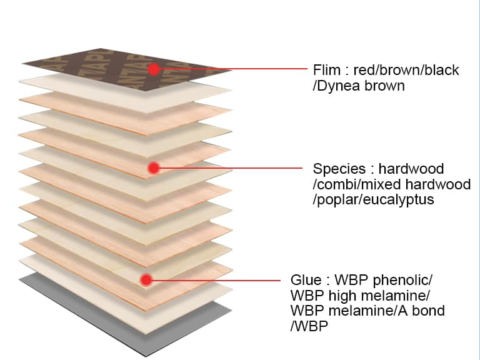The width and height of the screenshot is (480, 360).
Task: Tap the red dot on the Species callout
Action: point(154,167)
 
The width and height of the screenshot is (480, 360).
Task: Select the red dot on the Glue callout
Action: point(146,280)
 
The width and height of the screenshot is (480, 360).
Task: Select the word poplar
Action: point(336,200)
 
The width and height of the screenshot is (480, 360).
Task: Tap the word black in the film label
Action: point(442,70)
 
